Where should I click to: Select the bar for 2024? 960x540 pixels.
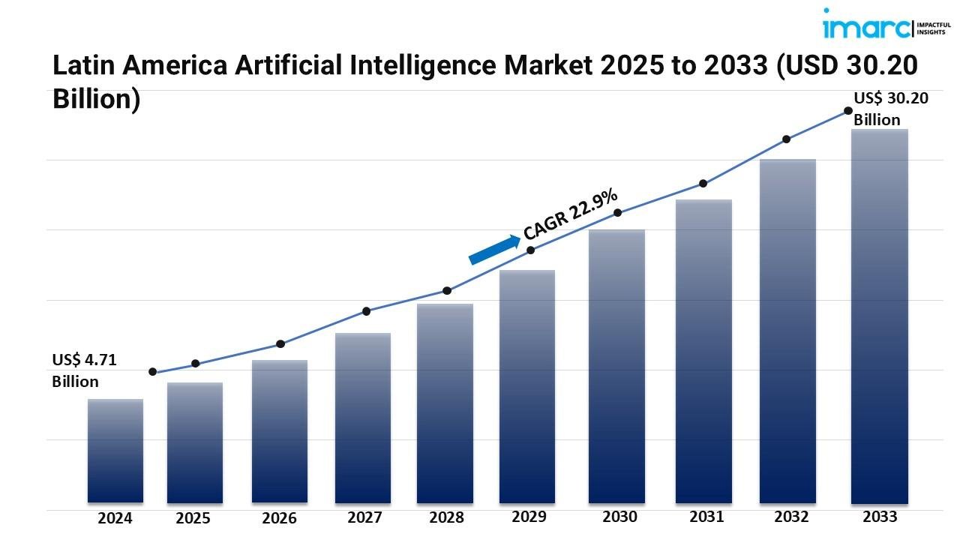point(115,450)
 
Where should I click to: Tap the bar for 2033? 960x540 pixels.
point(880,315)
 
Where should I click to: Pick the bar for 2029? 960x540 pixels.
point(527,386)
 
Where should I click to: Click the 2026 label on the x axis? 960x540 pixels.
point(279,518)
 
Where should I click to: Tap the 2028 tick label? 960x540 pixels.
point(446,517)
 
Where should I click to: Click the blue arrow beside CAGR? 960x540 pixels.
point(494,249)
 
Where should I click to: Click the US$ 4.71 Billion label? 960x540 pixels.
point(84,370)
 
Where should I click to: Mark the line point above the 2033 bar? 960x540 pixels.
point(848,110)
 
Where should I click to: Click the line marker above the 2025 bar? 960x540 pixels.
point(196,364)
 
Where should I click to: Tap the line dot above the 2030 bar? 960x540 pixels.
point(618,213)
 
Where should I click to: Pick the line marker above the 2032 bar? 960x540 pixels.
point(787,139)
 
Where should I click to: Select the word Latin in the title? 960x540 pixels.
point(79,66)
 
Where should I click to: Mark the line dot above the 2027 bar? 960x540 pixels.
point(367,311)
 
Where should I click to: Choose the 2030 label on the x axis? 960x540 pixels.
point(619,517)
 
